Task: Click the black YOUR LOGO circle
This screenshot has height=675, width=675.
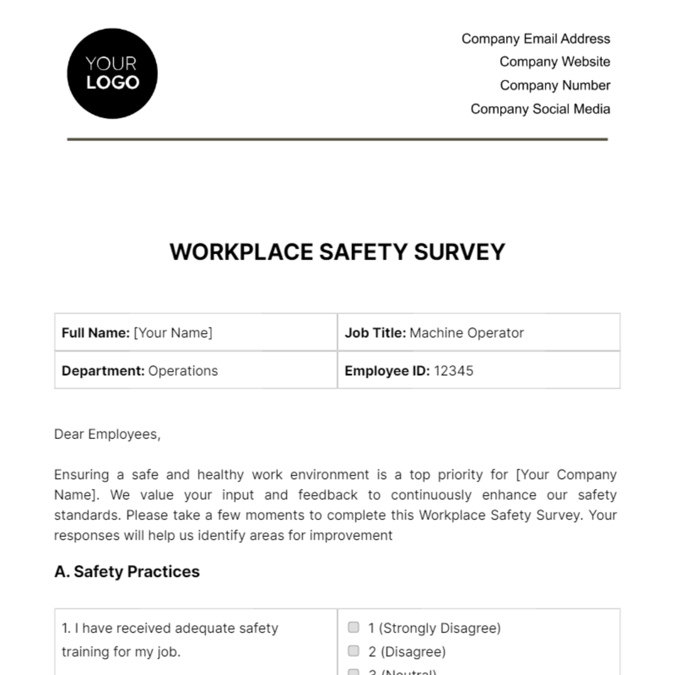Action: point(112,74)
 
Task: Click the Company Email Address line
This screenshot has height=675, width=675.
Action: point(535,39)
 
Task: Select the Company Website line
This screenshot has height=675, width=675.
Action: point(555,62)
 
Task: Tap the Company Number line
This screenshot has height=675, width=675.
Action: point(555,85)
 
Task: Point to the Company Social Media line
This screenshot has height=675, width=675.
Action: point(540,109)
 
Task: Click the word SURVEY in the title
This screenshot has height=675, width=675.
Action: point(459,252)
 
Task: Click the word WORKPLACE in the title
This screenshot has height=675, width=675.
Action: point(241,252)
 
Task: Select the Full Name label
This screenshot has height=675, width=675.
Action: point(95,333)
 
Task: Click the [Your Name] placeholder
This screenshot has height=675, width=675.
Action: point(173,333)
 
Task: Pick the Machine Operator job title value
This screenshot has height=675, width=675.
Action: point(466,333)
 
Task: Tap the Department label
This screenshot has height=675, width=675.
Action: point(103,371)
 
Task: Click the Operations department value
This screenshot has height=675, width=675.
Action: point(183,371)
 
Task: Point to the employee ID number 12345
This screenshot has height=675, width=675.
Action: point(453,371)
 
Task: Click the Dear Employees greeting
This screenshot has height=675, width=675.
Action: point(107,434)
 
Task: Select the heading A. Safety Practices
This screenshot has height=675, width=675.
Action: point(127,571)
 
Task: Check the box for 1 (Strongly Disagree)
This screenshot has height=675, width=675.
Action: point(353,627)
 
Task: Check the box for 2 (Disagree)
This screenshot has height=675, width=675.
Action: point(353,651)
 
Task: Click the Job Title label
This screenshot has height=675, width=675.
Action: point(375,333)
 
